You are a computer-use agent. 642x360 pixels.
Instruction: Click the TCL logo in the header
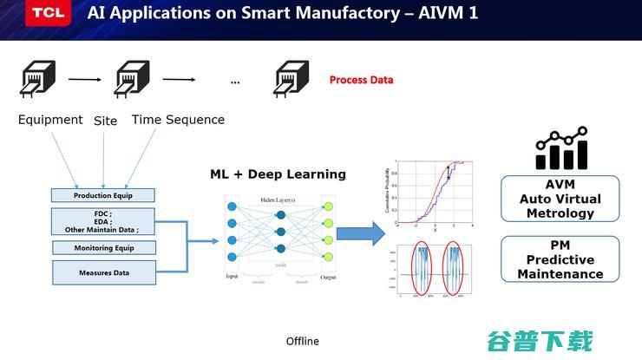tap(37, 13)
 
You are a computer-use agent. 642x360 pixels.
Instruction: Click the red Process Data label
tap(361, 80)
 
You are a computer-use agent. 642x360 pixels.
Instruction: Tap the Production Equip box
tap(103, 195)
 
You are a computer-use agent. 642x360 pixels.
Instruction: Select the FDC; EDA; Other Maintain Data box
tap(103, 221)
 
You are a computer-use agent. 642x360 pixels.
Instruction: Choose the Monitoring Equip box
tap(103, 247)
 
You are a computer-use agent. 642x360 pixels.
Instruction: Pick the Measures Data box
tap(103, 272)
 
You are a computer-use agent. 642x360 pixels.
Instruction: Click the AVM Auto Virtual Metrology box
tap(560, 200)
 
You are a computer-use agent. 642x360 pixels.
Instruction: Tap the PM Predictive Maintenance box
tap(560, 259)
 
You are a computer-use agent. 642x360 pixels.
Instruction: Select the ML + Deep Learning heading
tap(278, 174)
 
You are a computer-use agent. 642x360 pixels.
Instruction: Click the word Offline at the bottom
tap(303, 341)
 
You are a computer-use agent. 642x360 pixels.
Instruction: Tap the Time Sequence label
tap(178, 120)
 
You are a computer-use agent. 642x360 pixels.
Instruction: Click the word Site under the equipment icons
tap(105, 121)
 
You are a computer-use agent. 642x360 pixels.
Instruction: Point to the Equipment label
tap(50, 120)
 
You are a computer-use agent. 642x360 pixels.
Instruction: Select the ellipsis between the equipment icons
tap(235, 82)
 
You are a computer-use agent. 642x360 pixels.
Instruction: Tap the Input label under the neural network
tap(232, 277)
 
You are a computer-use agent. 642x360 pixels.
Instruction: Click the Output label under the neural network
tap(327, 277)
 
